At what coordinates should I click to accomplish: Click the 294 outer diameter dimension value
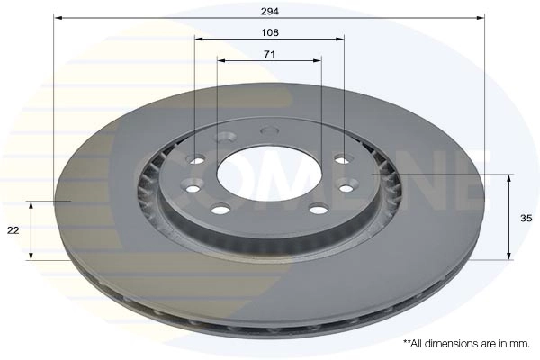pyautogui.click(x=270, y=12)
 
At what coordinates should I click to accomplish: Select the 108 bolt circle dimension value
pyautogui.click(x=270, y=32)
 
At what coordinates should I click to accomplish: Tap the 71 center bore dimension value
pyautogui.click(x=269, y=54)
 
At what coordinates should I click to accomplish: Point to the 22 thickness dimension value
pyautogui.click(x=13, y=230)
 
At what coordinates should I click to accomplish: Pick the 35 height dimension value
pyautogui.click(x=526, y=218)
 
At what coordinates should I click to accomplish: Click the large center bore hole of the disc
pyautogui.click(x=269, y=175)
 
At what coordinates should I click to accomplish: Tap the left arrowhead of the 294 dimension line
pyautogui.click(x=58, y=18)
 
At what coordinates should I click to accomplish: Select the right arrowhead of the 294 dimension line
pyautogui.click(x=481, y=18)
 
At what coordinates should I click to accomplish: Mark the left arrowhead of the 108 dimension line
pyautogui.click(x=199, y=39)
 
